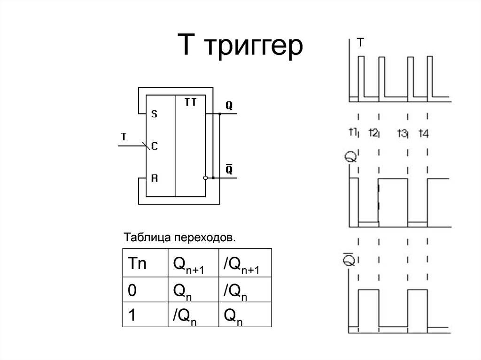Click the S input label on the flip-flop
tap(154, 114)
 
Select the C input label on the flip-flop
tap(154, 146)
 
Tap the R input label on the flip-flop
tap(154, 178)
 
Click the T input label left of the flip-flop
tap(124, 137)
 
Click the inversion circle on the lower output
tap(205, 178)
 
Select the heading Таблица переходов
tap(178, 237)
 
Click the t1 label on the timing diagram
tap(354, 132)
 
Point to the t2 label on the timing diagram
tap(373, 132)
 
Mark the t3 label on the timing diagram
tap(402, 133)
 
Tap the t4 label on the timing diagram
tap(424, 133)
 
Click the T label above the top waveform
tap(360, 43)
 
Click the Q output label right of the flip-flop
tap(229, 106)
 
